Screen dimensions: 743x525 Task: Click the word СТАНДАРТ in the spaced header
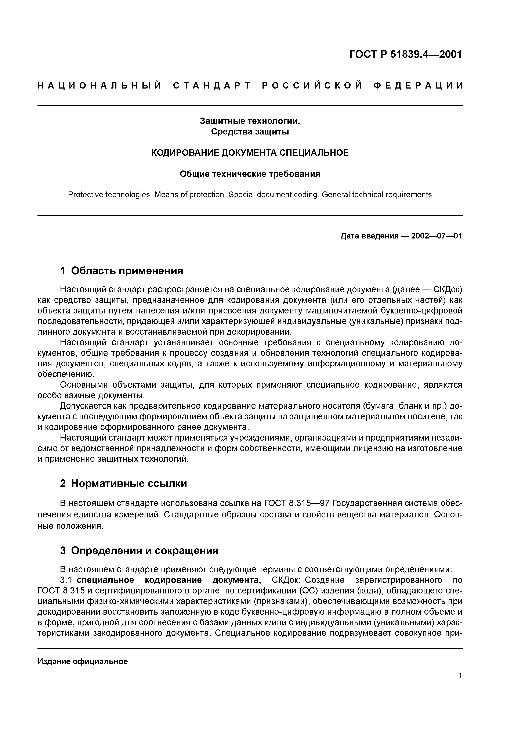212,86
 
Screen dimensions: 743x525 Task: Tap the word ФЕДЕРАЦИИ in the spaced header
418,86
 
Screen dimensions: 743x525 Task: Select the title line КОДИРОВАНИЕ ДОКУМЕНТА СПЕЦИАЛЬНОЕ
250,153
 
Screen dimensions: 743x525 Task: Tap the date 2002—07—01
437,236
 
